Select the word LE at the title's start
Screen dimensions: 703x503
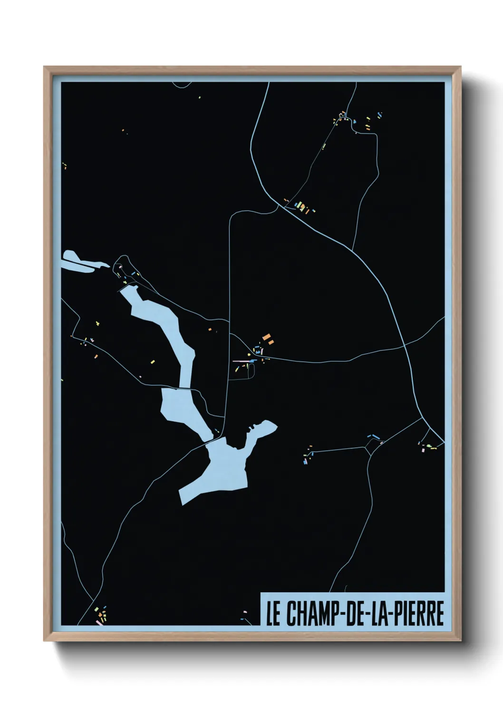point(273,614)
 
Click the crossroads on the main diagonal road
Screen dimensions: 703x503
point(405,346)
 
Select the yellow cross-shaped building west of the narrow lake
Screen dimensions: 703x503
point(97,323)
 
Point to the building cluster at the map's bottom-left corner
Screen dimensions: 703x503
point(101,615)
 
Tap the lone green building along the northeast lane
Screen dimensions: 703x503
point(324,146)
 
